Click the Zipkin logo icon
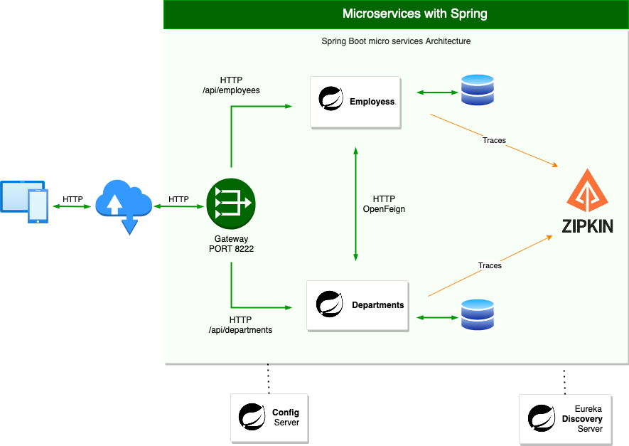pyautogui.click(x=586, y=191)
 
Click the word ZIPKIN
pyautogui.click(x=587, y=226)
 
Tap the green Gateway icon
pyautogui.click(x=230, y=203)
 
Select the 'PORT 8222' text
pyautogui.click(x=231, y=249)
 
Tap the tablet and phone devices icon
pyautogui.click(x=25, y=201)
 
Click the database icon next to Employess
pyautogui.click(x=477, y=91)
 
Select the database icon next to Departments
pyautogui.click(x=477, y=315)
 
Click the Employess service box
pyautogui.click(x=356, y=102)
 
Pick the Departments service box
pyautogui.click(x=357, y=305)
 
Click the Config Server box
pyautogui.click(x=269, y=418)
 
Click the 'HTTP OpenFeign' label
pyautogui.click(x=384, y=204)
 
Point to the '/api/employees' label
pyautogui.click(x=231, y=90)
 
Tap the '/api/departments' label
pyautogui.click(x=240, y=330)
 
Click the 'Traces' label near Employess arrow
pyautogui.click(x=494, y=140)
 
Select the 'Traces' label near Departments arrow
pyautogui.click(x=490, y=265)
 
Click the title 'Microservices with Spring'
pyautogui.click(x=414, y=14)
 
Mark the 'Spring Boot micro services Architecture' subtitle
pyautogui.click(x=396, y=41)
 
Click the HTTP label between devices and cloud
pyautogui.click(x=72, y=199)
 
